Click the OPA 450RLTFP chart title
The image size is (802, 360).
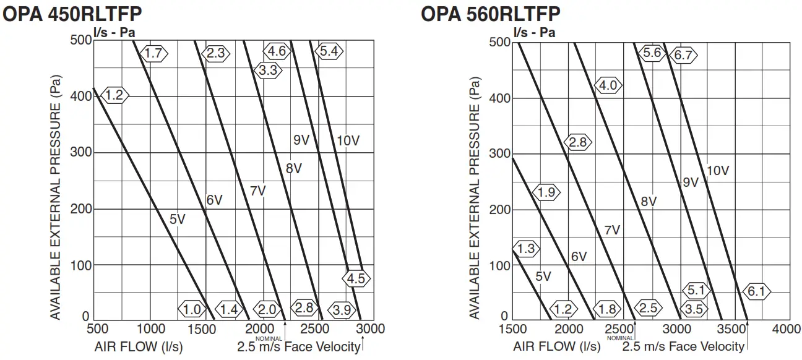click(x=72, y=14)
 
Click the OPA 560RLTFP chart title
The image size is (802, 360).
click(x=491, y=13)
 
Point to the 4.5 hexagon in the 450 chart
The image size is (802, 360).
click(x=356, y=278)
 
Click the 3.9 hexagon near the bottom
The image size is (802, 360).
click(x=342, y=309)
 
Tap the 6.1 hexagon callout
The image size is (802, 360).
click(x=757, y=291)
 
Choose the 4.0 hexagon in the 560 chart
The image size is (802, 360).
click(x=608, y=85)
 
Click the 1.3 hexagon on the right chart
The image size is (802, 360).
click(x=525, y=249)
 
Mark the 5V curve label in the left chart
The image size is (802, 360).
click(x=178, y=218)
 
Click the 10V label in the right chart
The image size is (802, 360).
click(x=718, y=171)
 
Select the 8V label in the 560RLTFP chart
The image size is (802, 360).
click(x=649, y=201)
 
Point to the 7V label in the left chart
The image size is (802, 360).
click(x=257, y=191)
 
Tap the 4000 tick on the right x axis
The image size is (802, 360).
click(x=787, y=328)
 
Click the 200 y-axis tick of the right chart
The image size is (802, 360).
click(x=499, y=210)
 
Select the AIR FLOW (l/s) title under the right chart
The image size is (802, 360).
click(x=556, y=346)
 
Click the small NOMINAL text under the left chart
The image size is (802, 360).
click(x=268, y=338)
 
